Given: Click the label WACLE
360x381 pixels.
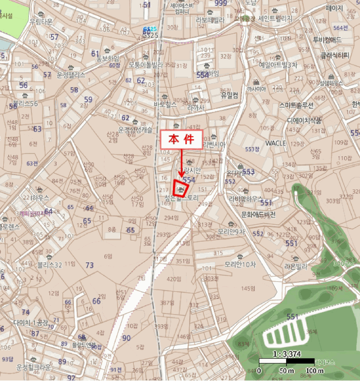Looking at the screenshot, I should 276,143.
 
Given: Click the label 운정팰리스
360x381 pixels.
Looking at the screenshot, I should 71,75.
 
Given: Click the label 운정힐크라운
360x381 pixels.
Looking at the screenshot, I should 34,367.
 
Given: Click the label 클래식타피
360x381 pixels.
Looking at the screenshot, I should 334,55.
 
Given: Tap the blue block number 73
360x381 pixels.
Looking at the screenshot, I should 90,265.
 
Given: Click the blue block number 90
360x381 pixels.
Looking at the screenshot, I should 126,338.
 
